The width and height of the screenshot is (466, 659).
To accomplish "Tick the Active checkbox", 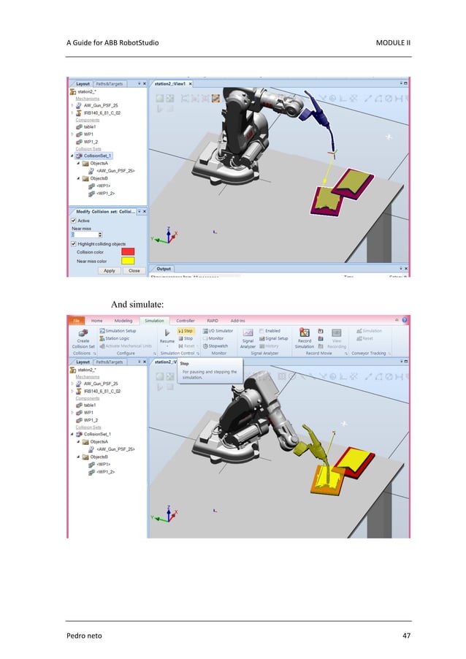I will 73,219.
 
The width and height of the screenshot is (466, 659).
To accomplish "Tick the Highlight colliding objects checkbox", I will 73,243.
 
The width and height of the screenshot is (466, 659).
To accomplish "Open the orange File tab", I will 75,320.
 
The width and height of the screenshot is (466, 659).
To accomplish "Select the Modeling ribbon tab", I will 123,320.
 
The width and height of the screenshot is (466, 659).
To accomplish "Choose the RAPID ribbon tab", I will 213,320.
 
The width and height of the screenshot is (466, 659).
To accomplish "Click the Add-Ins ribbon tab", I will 238,320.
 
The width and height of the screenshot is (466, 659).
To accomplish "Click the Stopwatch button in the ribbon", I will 215,346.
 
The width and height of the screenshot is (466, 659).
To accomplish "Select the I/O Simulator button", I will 217,331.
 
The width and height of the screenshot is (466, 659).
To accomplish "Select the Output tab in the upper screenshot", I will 164,269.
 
